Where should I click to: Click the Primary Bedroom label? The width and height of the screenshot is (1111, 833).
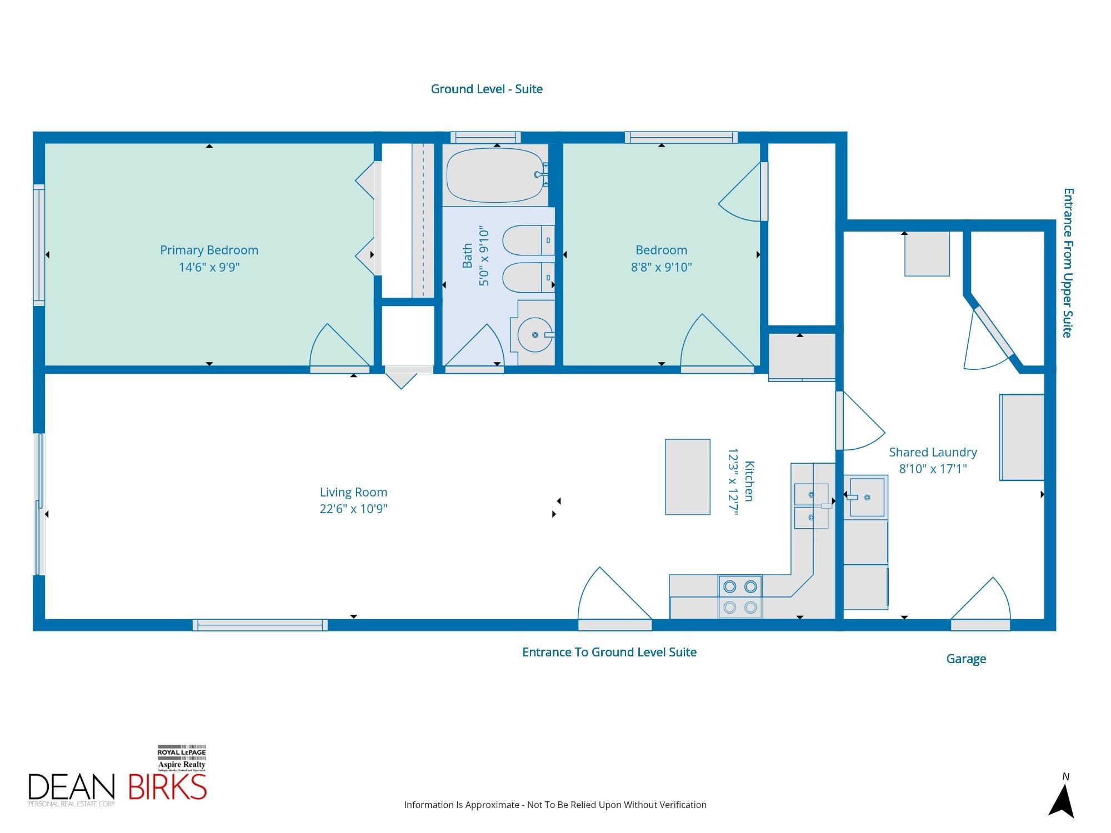(x=209, y=250)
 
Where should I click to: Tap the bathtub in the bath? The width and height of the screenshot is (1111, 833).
(x=496, y=175)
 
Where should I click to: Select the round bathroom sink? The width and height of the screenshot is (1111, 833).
(x=535, y=334)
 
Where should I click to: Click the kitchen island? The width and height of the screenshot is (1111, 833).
(x=688, y=477)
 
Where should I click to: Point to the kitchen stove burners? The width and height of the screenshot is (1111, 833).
(x=740, y=597)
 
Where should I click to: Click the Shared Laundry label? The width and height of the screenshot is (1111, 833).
(x=933, y=453)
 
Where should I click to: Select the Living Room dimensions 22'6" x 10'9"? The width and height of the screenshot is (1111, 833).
(x=353, y=509)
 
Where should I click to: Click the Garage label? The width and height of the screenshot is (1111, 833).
(x=966, y=659)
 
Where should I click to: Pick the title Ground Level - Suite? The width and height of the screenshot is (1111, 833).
(x=487, y=89)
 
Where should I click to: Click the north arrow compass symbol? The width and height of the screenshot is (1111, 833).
(x=1061, y=797)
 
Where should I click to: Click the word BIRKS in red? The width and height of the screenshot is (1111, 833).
(x=167, y=786)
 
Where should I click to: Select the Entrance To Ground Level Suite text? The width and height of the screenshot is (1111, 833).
(x=609, y=653)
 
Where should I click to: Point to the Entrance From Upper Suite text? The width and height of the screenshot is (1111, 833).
(x=1068, y=263)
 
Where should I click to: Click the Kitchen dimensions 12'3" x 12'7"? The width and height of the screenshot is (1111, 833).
(x=733, y=482)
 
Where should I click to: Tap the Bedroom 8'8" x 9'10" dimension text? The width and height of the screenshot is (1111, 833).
(x=661, y=267)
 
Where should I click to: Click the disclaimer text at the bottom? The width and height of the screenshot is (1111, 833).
(x=555, y=805)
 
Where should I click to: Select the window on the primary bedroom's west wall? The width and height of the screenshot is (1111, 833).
(x=39, y=245)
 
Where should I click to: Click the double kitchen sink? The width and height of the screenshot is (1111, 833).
(x=811, y=506)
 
